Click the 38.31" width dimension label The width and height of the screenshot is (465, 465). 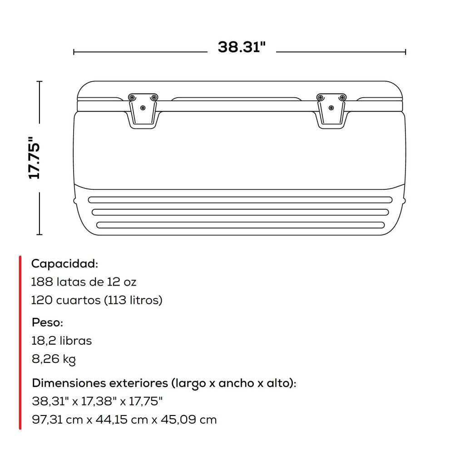tap(242, 47)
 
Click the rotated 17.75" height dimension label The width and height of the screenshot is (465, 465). tap(34, 158)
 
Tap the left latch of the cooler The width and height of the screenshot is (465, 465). tap(143, 111)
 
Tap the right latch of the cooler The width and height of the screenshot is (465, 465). tap(331, 111)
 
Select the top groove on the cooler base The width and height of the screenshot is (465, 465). tap(240, 200)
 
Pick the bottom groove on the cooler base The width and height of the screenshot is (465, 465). tap(241, 225)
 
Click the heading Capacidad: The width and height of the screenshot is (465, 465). tap(64, 264)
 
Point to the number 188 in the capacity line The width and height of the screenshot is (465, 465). tap(42, 282)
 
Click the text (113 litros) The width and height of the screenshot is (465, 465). tap(133, 300)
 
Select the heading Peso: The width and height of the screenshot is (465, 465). tap(47, 322)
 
